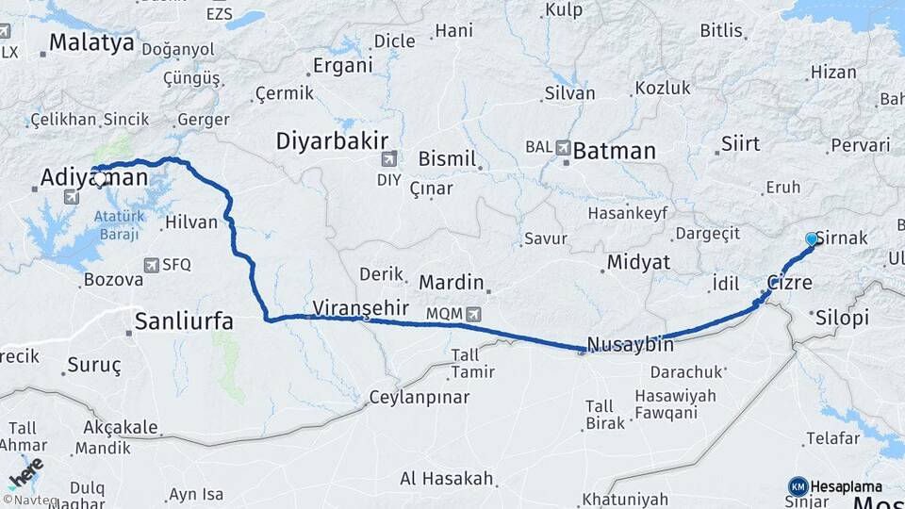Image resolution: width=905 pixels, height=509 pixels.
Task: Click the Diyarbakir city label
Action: point(332,141)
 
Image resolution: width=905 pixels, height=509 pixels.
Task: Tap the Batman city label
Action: point(614,151)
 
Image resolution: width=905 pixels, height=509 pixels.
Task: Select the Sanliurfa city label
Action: point(184,321)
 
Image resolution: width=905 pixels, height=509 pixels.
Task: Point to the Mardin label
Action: point(451,282)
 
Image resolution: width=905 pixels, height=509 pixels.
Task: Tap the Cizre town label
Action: point(789,282)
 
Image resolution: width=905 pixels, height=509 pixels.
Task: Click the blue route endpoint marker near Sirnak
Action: point(811,239)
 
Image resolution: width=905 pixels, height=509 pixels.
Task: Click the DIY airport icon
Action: point(389,158)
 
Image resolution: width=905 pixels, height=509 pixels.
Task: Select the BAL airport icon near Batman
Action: point(564,147)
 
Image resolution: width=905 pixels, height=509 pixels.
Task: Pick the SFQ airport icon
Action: point(151,266)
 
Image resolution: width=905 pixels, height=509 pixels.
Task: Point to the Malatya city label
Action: point(92,41)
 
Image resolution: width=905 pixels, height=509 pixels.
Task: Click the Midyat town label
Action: point(637,262)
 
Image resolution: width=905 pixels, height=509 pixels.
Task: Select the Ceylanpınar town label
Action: point(419,397)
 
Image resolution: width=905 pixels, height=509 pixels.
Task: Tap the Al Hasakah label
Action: point(446,479)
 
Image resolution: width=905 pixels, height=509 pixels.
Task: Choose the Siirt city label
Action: point(740,144)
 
